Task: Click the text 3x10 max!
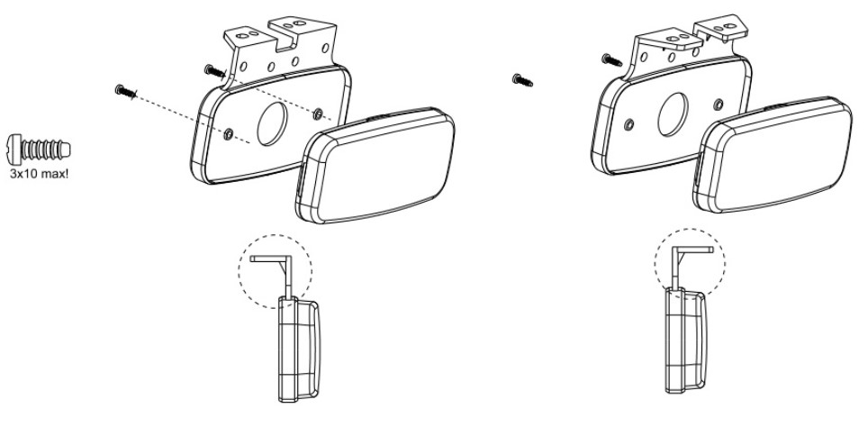(x=39, y=166)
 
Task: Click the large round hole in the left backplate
(x=269, y=121)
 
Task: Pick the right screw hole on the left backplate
(x=318, y=112)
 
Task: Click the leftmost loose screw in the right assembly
(x=520, y=79)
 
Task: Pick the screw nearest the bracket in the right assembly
(x=610, y=59)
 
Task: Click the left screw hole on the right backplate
(x=627, y=123)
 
